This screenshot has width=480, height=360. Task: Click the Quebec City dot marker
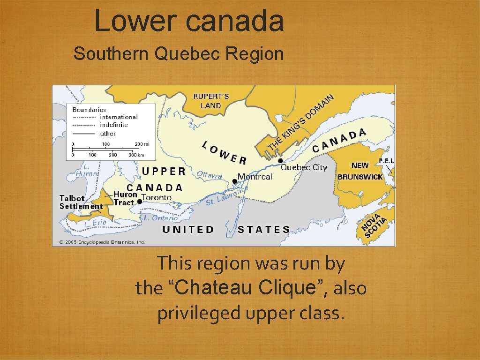(280, 161)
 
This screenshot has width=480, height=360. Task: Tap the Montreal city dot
(235, 181)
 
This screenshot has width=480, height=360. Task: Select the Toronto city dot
(139, 202)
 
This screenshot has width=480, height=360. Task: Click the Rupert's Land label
(211, 101)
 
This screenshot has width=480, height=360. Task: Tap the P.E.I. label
(386, 161)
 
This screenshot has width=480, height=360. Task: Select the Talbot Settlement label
(81, 202)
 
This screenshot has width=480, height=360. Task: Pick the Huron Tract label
(125, 198)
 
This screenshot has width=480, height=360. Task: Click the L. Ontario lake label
(161, 218)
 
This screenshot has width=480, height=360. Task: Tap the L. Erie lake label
(96, 224)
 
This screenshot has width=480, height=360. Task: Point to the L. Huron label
(87, 170)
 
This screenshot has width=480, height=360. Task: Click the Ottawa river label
(209, 175)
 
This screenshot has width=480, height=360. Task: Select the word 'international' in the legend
(119, 117)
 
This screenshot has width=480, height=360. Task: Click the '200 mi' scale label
(142, 144)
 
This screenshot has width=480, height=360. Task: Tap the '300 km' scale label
(136, 155)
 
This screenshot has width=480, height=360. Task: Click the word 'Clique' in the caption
(291, 287)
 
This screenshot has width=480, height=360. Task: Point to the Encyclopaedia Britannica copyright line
(102, 242)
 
